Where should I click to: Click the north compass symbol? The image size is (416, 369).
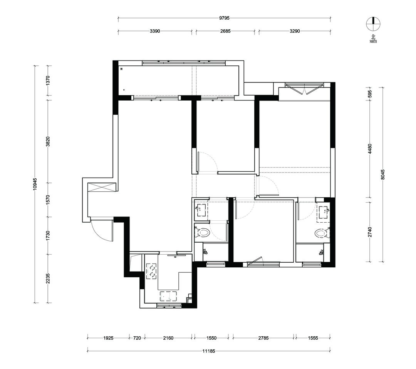[x=373, y=24]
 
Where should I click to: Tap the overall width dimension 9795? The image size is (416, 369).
[x=224, y=18]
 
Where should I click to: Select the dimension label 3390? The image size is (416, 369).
[x=155, y=31]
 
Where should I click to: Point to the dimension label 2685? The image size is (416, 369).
[x=225, y=31]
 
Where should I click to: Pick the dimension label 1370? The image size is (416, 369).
[x=48, y=80]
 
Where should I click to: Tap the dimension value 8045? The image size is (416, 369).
[x=382, y=174]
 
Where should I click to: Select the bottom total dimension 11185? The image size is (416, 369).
[x=208, y=351]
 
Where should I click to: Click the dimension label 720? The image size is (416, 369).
[x=137, y=338]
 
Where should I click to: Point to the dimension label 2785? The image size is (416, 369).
[x=263, y=338]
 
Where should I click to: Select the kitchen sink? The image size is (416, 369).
[x=168, y=296]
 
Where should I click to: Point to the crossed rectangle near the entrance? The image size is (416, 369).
[x=102, y=187]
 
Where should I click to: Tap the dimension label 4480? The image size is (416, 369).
[x=370, y=149]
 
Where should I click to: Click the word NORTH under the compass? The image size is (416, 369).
[x=373, y=42]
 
